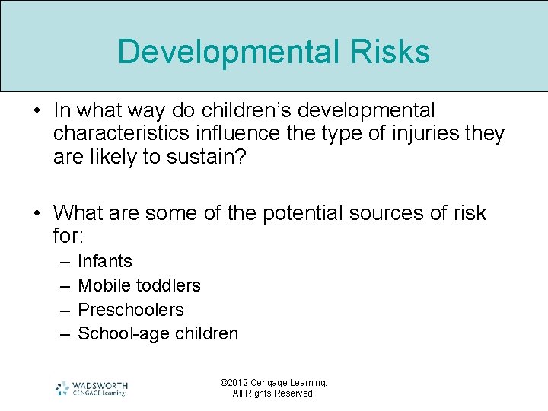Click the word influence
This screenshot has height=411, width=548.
[x=254, y=134]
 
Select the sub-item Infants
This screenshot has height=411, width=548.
[x=105, y=261]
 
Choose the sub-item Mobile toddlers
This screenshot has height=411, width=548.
[x=139, y=285]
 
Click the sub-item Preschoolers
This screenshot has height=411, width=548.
[x=131, y=310]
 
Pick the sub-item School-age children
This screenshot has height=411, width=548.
[x=158, y=333]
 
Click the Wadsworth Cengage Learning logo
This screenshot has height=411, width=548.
[x=91, y=388]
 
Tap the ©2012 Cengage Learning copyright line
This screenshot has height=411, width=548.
[x=274, y=383]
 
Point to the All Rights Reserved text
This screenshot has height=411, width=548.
[x=274, y=393]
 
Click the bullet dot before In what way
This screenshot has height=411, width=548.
[x=37, y=111]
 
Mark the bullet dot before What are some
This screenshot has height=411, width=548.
[x=37, y=213]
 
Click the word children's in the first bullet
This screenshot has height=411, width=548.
[x=241, y=110]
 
